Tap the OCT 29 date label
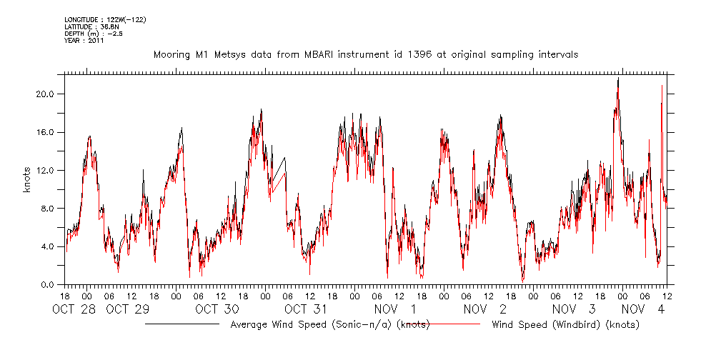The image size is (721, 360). coord(128,309)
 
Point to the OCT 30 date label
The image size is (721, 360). coord(217,309)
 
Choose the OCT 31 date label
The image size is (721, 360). coord(307,309)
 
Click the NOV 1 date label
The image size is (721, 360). coord(396,309)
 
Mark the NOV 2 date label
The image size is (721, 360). coord(485,309)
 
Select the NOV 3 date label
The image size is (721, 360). coord(575,309)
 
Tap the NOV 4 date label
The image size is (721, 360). coord(645,309)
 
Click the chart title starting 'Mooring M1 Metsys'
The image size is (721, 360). coord(365,54)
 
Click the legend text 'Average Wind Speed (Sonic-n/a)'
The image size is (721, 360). coord(330,325)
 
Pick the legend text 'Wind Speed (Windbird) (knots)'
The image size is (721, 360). coord(565,325)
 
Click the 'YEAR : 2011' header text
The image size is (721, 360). coord(84,41)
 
